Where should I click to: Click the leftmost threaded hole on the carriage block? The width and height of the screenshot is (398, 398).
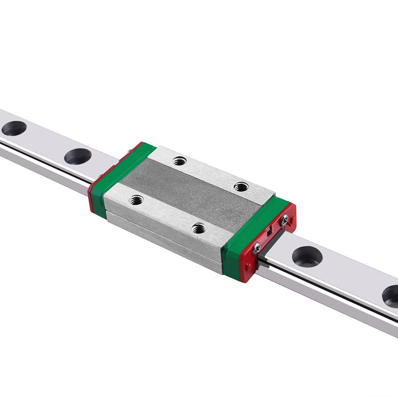pos(136,200)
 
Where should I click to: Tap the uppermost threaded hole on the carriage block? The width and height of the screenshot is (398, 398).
pos(179,161)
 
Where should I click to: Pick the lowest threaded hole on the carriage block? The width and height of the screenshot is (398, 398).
pos(199,229)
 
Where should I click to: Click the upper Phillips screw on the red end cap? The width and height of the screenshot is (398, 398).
pos(284,220)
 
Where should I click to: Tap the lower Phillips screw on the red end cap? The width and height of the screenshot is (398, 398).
pos(257,248)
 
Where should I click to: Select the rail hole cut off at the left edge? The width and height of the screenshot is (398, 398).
pos(14,128)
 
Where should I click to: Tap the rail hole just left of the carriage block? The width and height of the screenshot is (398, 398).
pos(78,156)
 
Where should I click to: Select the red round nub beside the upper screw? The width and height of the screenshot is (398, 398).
pos(291,221)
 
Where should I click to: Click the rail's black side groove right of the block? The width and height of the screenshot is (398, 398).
pos(332,291)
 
